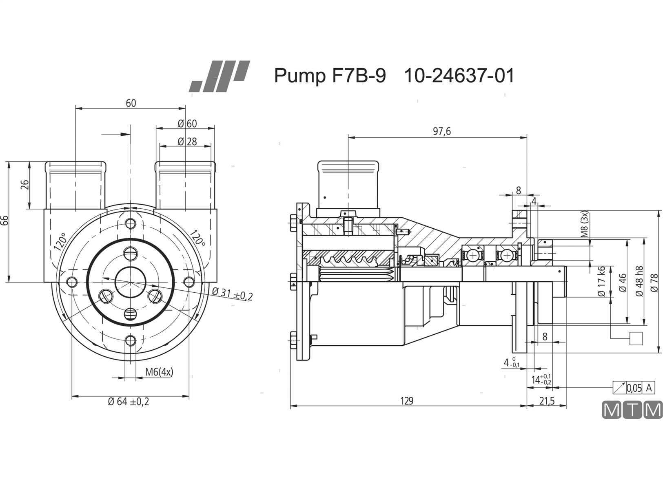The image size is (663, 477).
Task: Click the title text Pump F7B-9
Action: (330, 76)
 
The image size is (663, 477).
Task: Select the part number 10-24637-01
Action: (459, 76)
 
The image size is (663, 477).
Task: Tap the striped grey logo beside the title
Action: (220, 76)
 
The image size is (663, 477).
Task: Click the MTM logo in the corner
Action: (632, 410)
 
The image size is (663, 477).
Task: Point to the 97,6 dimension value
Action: (442, 131)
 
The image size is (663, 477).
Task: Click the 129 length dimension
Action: (407, 401)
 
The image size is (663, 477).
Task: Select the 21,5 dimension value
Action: (547, 401)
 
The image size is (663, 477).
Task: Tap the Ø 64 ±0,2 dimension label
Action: (129, 402)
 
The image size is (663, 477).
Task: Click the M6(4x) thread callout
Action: (159, 372)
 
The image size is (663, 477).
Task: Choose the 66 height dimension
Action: (5, 220)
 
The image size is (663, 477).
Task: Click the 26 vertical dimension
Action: (25, 185)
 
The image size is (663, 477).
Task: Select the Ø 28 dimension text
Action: (187, 141)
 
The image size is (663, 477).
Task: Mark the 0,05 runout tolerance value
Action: (634, 388)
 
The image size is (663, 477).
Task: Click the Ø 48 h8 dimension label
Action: (639, 281)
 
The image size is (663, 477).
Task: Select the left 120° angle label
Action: (60, 241)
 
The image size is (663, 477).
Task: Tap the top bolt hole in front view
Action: (131, 223)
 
